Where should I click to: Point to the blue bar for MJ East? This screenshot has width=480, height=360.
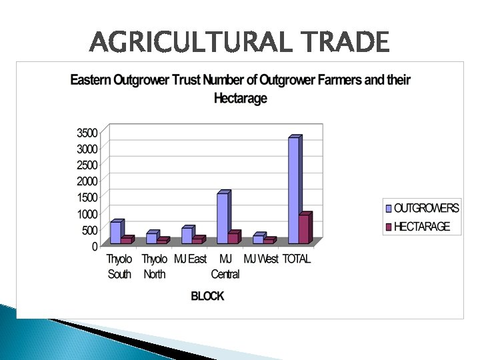point(187,235)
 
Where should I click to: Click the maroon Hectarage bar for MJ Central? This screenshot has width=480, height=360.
point(233,238)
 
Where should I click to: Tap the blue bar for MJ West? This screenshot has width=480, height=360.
point(257,239)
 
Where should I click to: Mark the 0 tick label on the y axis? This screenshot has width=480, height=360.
point(95,247)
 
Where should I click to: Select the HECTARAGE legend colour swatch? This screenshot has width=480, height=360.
point(387,227)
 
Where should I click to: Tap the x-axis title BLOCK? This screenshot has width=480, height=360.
point(207,296)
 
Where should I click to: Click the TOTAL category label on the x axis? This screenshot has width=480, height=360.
point(297,259)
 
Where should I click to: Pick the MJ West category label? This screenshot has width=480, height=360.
point(261,259)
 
